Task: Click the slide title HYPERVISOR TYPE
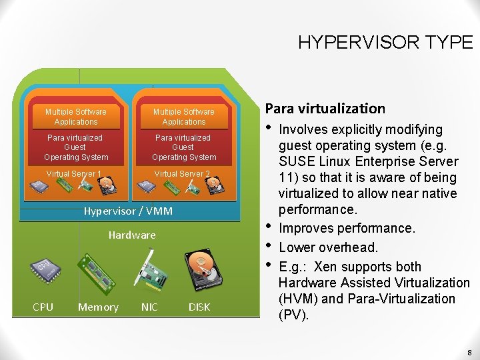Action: pos(385,43)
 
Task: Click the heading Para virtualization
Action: pos(325,108)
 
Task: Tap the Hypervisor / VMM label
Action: pos(128,211)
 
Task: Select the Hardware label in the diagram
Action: pos(132,235)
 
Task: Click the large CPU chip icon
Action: pos(46,269)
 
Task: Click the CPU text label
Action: pos(43,307)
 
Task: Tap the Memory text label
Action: pos(98,307)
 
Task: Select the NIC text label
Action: pos(149,307)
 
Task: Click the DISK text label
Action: pos(199,307)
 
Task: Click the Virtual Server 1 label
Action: pos(73,174)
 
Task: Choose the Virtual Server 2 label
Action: pos(182,174)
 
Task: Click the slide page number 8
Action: pos(469,352)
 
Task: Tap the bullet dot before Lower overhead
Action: pos(269,246)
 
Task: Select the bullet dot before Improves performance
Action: pos(269,227)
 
